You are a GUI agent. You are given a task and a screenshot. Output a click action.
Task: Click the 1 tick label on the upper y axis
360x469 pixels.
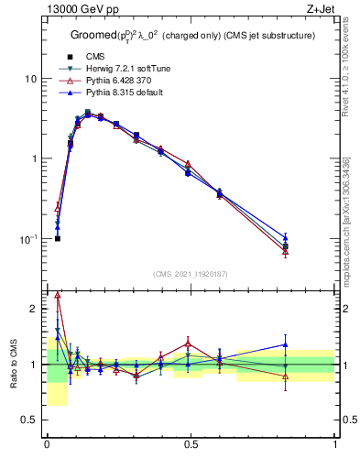(33, 158)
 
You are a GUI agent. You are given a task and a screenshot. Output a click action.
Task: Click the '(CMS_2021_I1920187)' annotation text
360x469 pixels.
(191, 274)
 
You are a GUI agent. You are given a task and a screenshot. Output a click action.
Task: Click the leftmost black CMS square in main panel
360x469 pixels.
(58, 238)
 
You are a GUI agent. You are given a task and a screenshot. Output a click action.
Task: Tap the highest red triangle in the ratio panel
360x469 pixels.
(58, 295)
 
